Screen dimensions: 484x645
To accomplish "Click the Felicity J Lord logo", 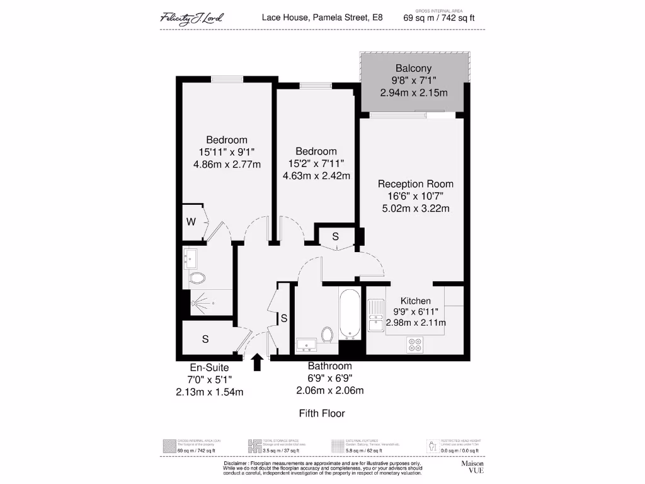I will pyautogui.click(x=191, y=18).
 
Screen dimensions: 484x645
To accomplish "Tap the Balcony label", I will pyautogui.click(x=414, y=68).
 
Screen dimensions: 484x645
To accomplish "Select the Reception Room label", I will pyautogui.click(x=415, y=184).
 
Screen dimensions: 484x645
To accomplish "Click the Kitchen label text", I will pyautogui.click(x=416, y=301).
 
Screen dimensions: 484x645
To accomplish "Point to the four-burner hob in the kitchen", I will pyautogui.click(x=415, y=344).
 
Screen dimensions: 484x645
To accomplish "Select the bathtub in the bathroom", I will pyautogui.click(x=350, y=314).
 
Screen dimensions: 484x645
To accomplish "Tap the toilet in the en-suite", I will pyautogui.click(x=197, y=278).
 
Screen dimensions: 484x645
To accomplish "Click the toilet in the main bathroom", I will pyautogui.click(x=328, y=334).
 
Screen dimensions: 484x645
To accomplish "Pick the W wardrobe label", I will pyautogui.click(x=191, y=222).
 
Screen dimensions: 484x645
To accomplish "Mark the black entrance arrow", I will pyautogui.click(x=257, y=363).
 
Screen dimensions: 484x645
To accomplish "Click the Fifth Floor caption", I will pyautogui.click(x=322, y=413).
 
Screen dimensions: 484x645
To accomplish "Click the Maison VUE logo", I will pyautogui.click(x=472, y=467).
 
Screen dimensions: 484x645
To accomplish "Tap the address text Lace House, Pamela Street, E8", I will pyautogui.click(x=322, y=18).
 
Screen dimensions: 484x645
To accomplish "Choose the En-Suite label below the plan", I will pyautogui.click(x=209, y=368).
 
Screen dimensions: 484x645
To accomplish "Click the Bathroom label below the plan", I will pyautogui.click(x=329, y=366).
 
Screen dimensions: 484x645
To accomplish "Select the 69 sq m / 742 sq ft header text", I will pyautogui.click(x=439, y=18).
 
